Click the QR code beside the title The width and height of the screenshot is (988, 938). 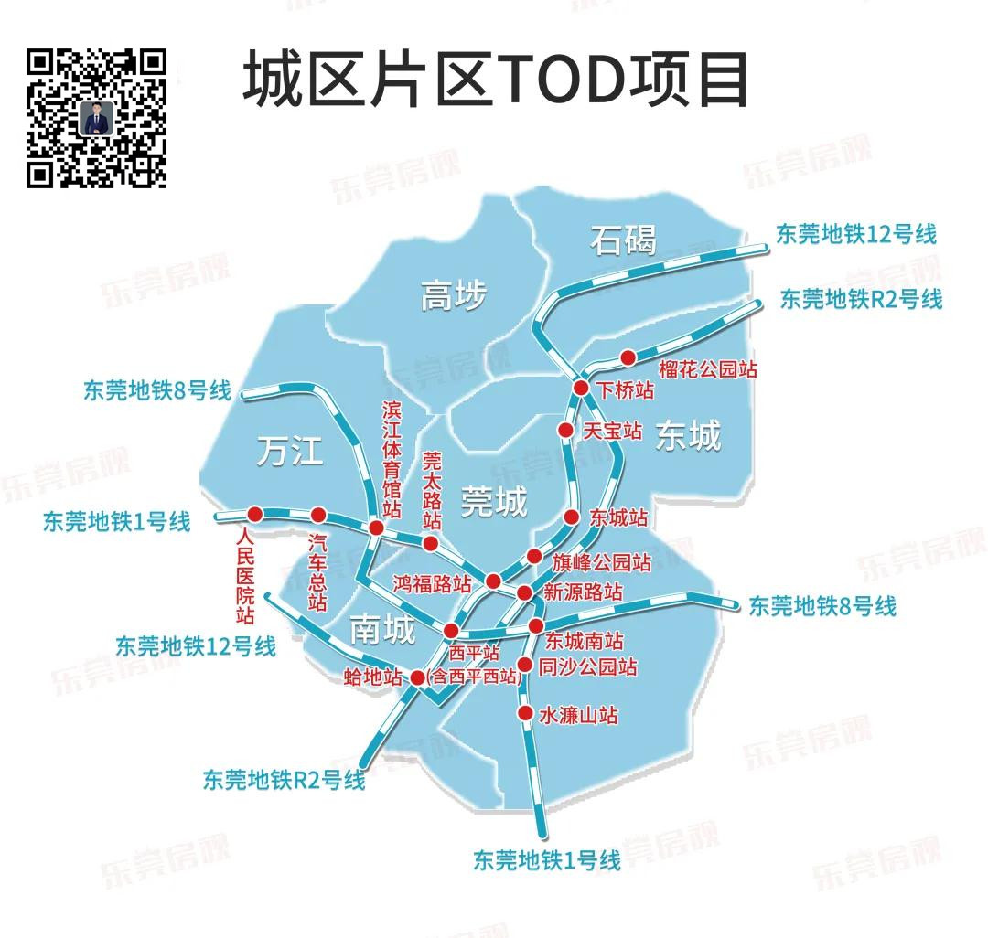pyautogui.click(x=96, y=118)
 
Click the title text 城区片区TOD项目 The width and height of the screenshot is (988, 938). pyautogui.click(x=495, y=80)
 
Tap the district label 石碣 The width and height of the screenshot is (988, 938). pyautogui.click(x=623, y=240)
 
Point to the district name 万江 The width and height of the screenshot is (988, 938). pyautogui.click(x=290, y=451)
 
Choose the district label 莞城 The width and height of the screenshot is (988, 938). pyautogui.click(x=494, y=501)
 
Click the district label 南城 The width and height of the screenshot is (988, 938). pyautogui.click(x=382, y=629)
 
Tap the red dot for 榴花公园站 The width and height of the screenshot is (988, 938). pyautogui.click(x=628, y=357)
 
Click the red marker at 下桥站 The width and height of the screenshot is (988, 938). pyautogui.click(x=581, y=389)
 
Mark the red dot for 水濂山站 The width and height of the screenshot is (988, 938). pyautogui.click(x=525, y=713)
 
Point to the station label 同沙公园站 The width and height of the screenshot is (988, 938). pyautogui.click(x=587, y=667)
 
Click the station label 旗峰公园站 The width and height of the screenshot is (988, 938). pyautogui.click(x=601, y=560)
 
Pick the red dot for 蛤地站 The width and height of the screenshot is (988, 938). pyautogui.click(x=417, y=677)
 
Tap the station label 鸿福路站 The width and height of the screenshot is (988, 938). pyautogui.click(x=433, y=583)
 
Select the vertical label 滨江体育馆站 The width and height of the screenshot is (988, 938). pyautogui.click(x=392, y=457)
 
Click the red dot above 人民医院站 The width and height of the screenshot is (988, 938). pyautogui.click(x=254, y=513)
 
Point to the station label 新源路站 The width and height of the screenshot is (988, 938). pyautogui.click(x=583, y=592)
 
